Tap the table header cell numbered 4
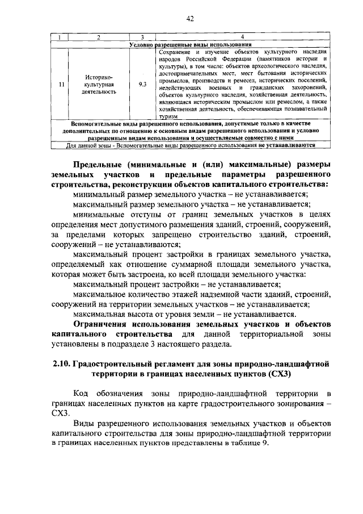(242, 38)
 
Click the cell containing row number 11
(61, 83)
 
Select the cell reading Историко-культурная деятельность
(99, 83)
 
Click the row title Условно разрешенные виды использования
(190, 44)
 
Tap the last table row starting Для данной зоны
(190, 144)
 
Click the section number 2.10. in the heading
(62, 363)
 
